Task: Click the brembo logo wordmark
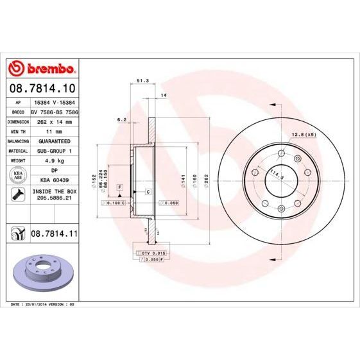pos(42,68)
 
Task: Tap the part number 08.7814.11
pos(53,236)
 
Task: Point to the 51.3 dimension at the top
pos(143,81)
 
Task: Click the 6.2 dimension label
pos(121,119)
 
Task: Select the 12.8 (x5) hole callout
pos(305,134)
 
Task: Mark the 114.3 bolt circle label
pos(277,173)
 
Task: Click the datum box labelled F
pos(119,187)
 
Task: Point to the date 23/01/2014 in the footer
pos(37,304)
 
